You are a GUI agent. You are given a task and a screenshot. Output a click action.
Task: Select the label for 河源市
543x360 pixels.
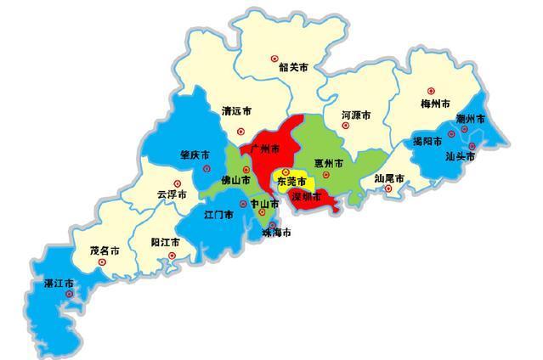(x=356, y=113)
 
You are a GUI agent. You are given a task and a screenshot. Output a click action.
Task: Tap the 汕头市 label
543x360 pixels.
(x=460, y=156)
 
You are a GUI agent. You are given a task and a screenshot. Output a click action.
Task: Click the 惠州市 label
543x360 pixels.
(x=328, y=162)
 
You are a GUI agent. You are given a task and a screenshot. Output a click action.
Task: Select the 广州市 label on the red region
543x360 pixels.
(x=265, y=149)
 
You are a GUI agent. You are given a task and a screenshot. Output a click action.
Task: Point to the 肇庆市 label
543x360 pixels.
(x=195, y=155)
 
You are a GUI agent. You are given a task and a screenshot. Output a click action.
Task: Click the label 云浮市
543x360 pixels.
(x=172, y=194)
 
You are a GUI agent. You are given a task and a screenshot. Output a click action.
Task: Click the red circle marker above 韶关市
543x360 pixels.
(x=274, y=59)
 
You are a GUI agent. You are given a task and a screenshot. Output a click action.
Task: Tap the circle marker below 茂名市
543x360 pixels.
(x=103, y=263)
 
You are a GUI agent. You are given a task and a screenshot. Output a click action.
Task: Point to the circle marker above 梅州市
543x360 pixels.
(x=431, y=89)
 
